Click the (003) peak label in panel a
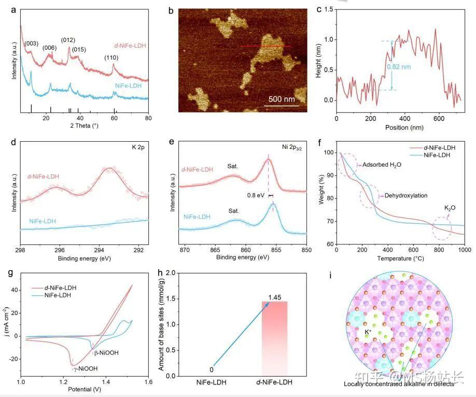pos(32,44)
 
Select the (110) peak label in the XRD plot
pos(113,58)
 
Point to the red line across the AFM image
pos(265,46)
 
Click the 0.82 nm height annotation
pos(399,66)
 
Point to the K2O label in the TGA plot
pos(450,208)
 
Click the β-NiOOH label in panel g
pos(106,353)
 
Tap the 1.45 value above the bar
pos(274,297)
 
